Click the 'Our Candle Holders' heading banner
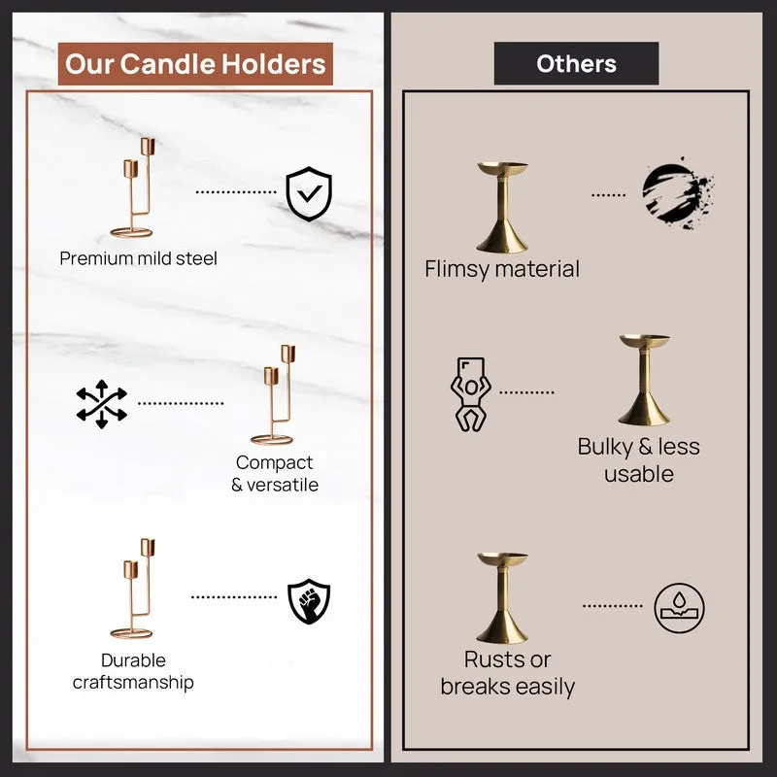(195, 64)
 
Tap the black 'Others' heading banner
(576, 63)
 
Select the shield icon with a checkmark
(309, 193)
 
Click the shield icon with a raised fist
(309, 601)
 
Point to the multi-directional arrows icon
(102, 404)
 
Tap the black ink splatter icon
(678, 193)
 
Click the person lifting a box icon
(470, 394)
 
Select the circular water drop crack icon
(679, 608)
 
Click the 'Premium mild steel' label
(138, 258)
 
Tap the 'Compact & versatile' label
(275, 473)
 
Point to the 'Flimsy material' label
(502, 269)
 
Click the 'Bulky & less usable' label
(639, 459)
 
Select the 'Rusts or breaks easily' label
(507, 673)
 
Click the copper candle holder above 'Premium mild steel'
(133, 187)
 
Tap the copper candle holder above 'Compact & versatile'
(273, 394)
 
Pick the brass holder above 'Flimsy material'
(502, 207)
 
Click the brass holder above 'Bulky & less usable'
(644, 380)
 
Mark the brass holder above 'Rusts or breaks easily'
(502, 598)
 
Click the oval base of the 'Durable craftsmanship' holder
(131, 634)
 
